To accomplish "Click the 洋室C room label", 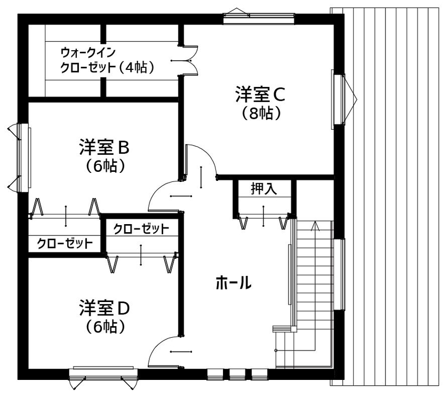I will tap(261, 94).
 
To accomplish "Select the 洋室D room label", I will tap(105, 308).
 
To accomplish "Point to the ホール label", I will tap(233, 283).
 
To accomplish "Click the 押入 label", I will tap(264, 189).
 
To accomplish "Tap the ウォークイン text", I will tap(87, 53).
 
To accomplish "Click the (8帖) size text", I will tap(261, 113).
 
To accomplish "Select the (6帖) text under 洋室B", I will tap(105, 166).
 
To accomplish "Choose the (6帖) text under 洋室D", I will tap(105, 326).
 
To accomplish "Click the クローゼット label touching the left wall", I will tap(64, 244).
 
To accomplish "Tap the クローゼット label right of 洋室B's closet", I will tap(141, 229).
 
